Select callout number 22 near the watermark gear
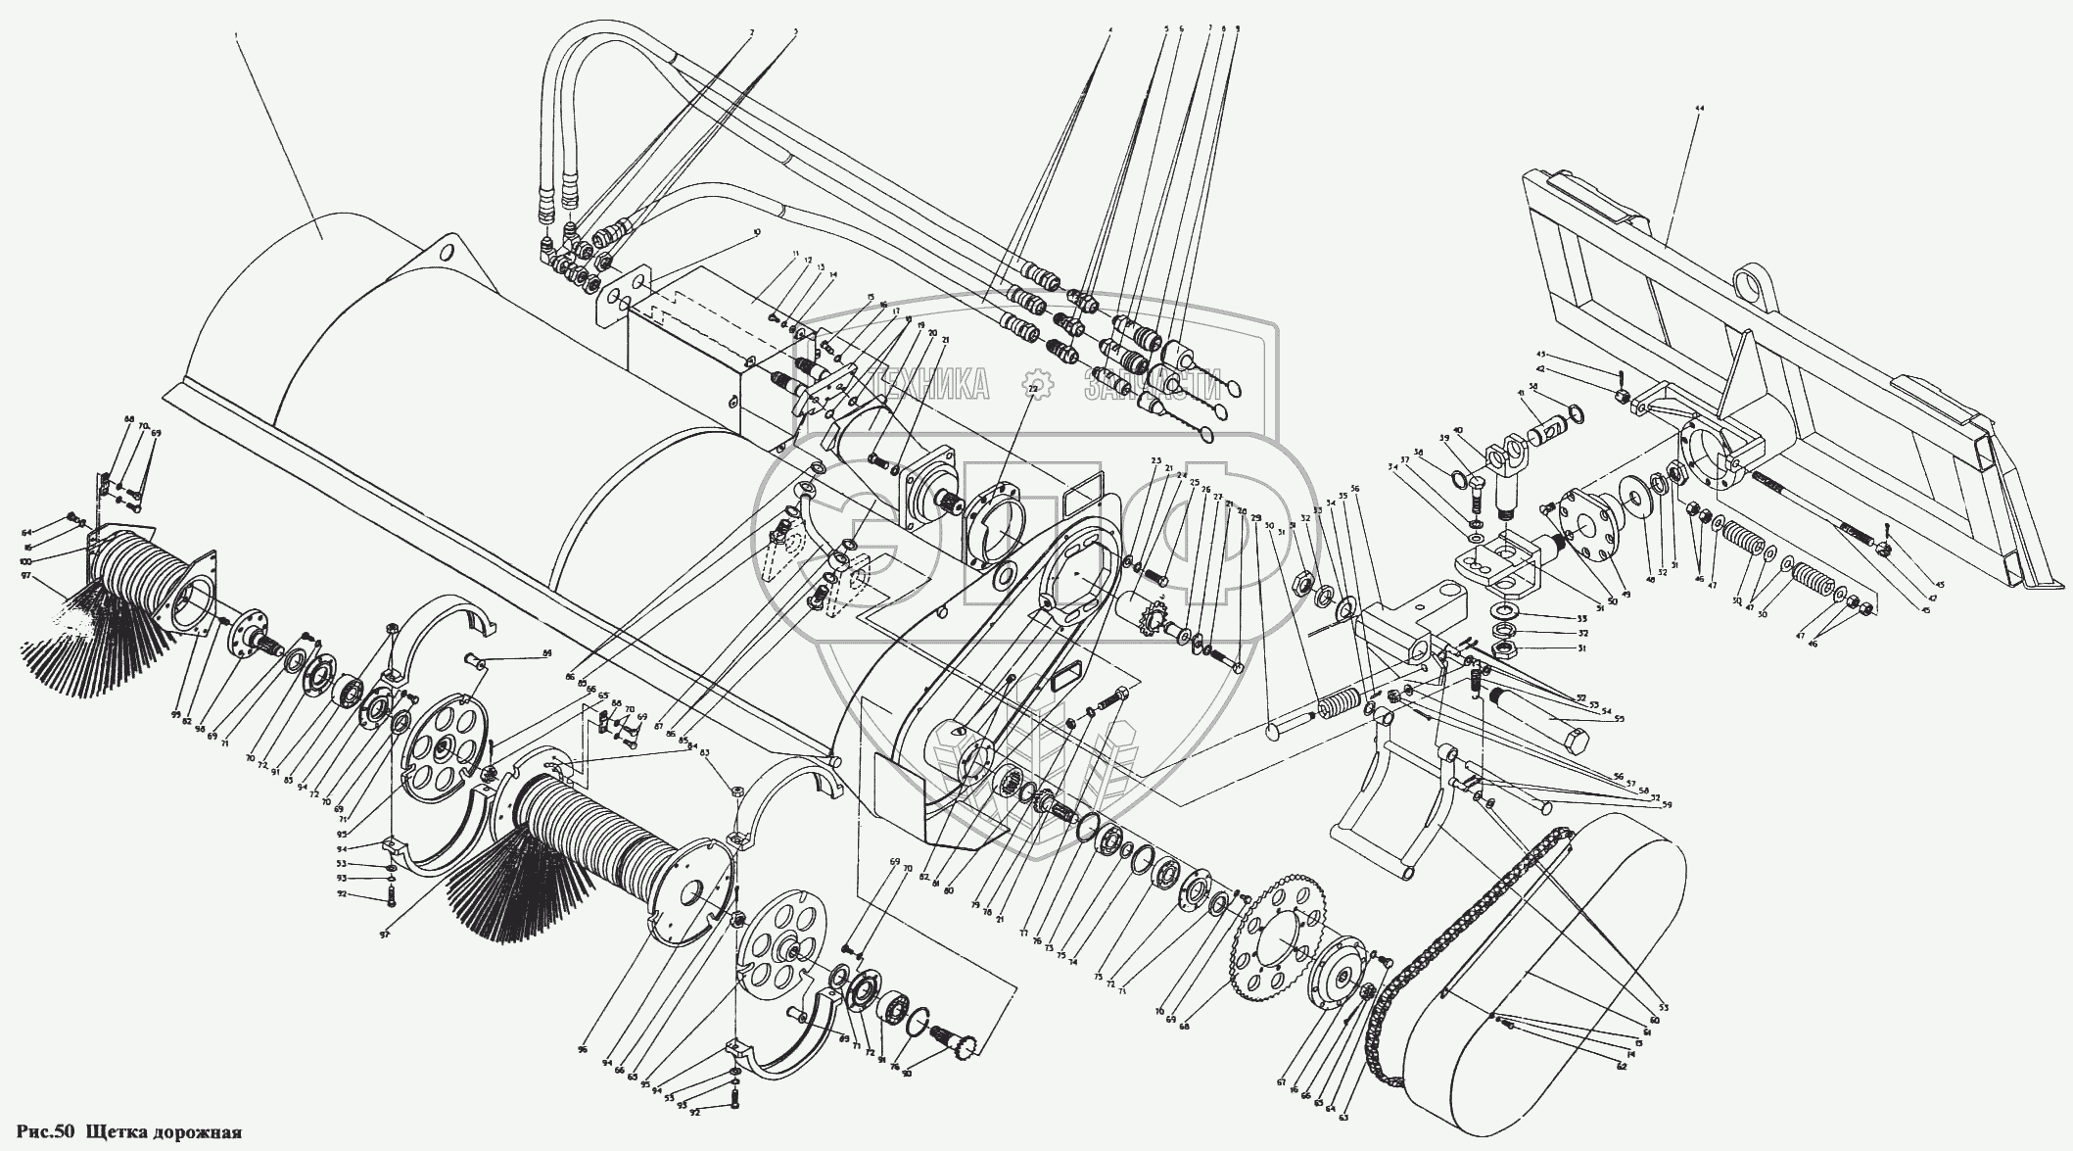point(1032,389)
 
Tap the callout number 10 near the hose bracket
point(755,233)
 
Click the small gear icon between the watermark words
point(1039,385)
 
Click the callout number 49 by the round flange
point(1599,566)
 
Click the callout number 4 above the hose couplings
point(1109,30)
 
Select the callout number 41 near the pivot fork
point(1522,394)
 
